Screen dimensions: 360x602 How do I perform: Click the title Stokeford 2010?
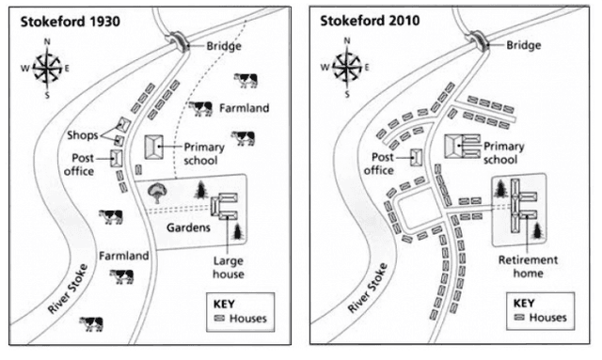tap(367, 20)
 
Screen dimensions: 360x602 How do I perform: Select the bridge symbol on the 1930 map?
tap(177, 40)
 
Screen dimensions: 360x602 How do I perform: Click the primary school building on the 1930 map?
tap(154, 147)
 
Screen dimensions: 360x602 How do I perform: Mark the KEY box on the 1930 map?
tap(236, 311)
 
